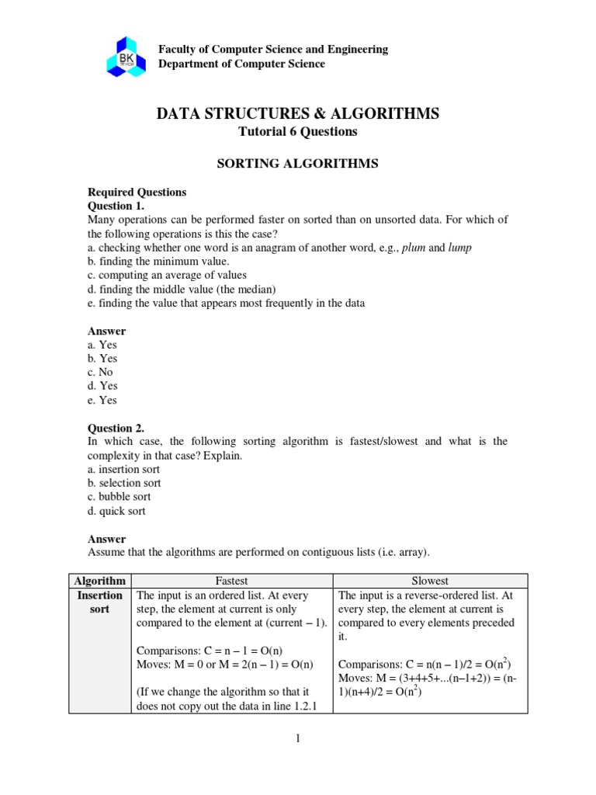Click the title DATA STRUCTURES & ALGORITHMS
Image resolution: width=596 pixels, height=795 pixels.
[298, 114]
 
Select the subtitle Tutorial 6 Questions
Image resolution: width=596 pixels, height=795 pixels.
[298, 132]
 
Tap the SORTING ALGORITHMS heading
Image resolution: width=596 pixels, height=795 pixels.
[298, 164]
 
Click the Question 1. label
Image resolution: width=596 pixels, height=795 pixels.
[116, 206]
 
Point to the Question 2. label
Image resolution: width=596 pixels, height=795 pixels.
[116, 428]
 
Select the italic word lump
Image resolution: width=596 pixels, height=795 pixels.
[459, 247]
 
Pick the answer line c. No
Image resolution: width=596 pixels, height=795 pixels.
[100, 372]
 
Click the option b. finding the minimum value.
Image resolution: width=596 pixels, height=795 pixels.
[158, 261]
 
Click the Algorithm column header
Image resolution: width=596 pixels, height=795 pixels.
[99, 581]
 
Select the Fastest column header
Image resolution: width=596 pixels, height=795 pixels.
[231, 581]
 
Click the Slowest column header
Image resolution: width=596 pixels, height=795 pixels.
[431, 581]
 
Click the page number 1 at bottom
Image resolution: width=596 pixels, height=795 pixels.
[297, 738]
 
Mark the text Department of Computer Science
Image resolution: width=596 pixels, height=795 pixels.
[241, 64]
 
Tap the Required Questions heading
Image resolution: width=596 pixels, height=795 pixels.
[137, 192]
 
